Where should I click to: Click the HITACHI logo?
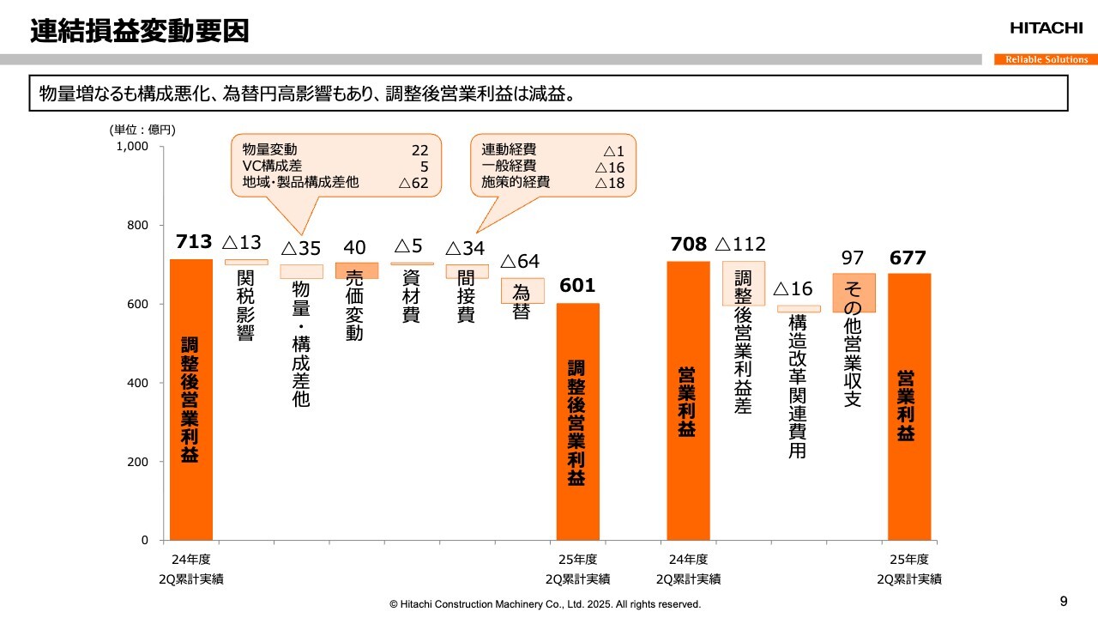1046,28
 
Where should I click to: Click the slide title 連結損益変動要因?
140,32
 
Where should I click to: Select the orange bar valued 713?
191,399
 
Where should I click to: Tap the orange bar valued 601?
578,421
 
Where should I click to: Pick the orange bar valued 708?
688,400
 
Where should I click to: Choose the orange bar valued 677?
909,406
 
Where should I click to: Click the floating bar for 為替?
522,290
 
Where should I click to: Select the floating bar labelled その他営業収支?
854,293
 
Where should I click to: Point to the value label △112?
740,245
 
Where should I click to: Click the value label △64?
520,261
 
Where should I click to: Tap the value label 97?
853,257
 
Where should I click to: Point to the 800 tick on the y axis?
137,226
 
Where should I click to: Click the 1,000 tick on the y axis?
132,147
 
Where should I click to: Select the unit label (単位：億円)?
142,130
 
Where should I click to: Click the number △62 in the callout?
413,182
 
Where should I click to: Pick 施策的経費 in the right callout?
516,182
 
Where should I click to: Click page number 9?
1064,600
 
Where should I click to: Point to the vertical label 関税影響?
246,306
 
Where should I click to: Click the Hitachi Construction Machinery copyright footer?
545,604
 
